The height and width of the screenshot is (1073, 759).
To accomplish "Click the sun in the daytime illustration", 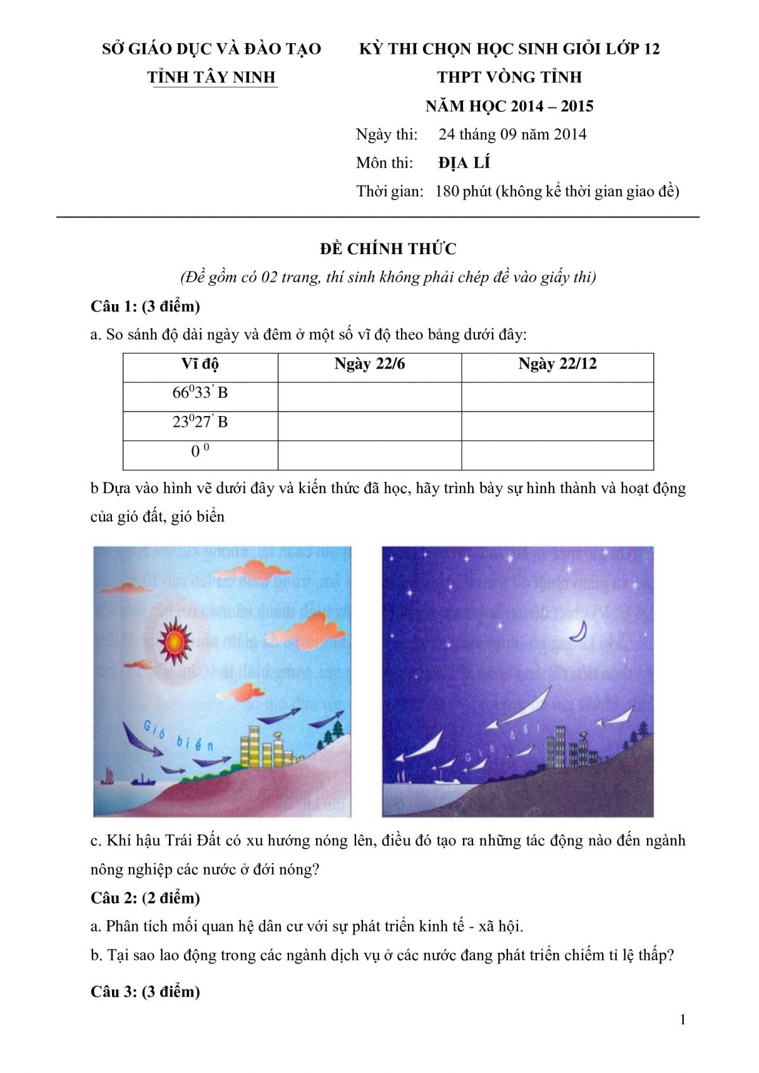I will (x=173, y=642).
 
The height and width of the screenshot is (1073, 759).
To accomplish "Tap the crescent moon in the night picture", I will (x=579, y=631).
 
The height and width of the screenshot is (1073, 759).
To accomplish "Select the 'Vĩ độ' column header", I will (x=200, y=364).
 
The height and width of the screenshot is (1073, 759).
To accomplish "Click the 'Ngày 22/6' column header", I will (x=369, y=364).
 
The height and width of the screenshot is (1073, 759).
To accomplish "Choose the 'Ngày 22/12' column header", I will (x=557, y=364).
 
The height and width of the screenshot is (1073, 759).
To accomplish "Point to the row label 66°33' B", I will (x=200, y=393).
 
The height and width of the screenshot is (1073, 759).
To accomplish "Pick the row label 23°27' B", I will (x=200, y=422).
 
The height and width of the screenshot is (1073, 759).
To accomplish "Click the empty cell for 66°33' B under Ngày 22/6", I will (x=369, y=396).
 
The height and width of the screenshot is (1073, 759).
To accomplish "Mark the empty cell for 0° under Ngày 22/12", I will (x=557, y=455).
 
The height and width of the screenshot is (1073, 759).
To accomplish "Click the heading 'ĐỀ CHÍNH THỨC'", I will (x=388, y=248).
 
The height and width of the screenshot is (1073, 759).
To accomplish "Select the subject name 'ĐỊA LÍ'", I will (x=464, y=163).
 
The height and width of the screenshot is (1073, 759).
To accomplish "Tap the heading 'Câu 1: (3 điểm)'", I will (x=145, y=307).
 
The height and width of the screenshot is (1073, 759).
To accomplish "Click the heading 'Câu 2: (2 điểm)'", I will (x=145, y=898).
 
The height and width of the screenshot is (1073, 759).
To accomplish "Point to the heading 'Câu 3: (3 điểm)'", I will (x=145, y=991).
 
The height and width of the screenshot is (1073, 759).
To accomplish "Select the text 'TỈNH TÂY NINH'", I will (x=211, y=77).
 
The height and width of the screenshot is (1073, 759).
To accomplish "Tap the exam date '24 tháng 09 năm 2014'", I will (x=512, y=135).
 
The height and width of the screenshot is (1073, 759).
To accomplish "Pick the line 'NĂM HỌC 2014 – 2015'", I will (x=509, y=106).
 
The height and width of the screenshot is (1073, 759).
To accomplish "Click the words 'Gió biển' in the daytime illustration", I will (x=178, y=736).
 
